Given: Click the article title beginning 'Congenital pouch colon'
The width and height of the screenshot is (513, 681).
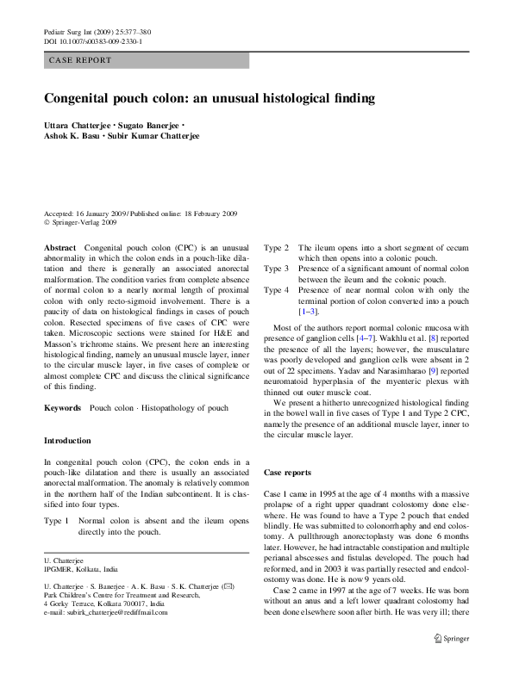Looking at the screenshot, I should (x=210, y=99).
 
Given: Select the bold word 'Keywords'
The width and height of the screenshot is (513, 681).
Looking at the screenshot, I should (x=64, y=406).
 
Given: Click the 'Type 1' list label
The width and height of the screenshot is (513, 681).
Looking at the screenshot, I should (x=55, y=522).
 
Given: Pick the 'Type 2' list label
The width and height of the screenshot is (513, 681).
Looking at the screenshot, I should (x=276, y=247).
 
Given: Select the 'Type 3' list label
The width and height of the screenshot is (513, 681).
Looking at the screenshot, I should (x=276, y=268).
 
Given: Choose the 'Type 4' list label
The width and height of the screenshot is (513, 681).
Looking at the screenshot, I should (x=276, y=289).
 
